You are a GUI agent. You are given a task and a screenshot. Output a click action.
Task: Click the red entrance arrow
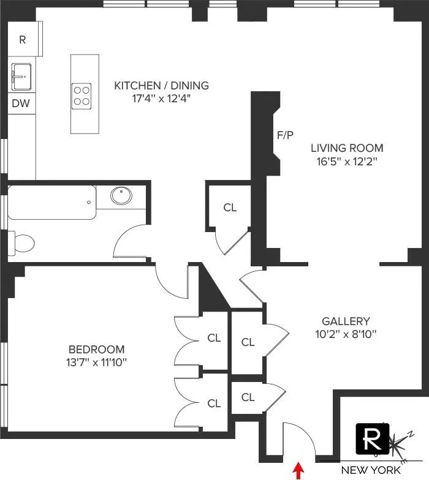point(299,470)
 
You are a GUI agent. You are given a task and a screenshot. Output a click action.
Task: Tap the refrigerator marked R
point(23,40)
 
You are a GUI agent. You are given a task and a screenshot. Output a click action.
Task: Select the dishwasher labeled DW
point(20,103)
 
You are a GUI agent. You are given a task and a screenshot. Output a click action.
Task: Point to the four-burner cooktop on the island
point(82,95)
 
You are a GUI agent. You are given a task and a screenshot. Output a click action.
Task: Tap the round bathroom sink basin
point(121,197)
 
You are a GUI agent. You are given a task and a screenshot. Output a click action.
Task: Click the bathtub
point(52,203)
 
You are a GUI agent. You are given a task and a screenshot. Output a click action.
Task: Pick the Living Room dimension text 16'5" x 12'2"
point(346,162)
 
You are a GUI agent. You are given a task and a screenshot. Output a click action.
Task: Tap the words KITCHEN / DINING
point(161,85)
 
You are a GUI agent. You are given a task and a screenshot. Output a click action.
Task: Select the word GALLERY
point(346,321)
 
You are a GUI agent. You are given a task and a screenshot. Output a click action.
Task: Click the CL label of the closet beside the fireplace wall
point(230,208)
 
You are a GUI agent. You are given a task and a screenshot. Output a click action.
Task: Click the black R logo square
point(371,439)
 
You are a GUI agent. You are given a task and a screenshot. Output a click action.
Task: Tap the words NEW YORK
point(371,470)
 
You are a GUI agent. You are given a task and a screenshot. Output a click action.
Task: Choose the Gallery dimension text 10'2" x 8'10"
point(346,334)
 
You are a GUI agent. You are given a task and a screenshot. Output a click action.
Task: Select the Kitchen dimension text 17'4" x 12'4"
point(161,99)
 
